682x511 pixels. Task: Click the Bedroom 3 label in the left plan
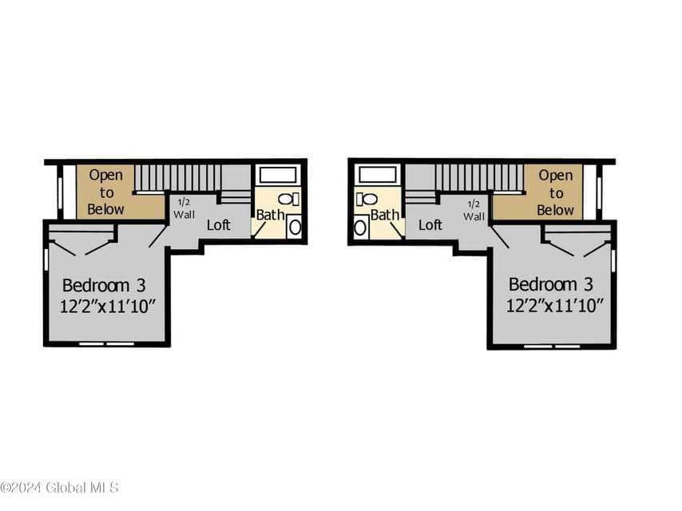(x=104, y=286)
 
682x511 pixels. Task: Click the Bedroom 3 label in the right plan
(x=551, y=284)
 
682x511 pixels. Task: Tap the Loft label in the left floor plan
(x=218, y=225)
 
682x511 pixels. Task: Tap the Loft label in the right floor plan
(x=430, y=225)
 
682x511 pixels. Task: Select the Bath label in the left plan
(x=270, y=215)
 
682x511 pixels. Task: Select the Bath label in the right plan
(x=385, y=215)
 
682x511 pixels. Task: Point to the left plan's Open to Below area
(x=105, y=192)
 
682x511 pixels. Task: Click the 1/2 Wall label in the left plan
(x=184, y=208)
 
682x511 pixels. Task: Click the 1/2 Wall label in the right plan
(x=474, y=210)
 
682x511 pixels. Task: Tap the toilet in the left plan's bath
(x=289, y=200)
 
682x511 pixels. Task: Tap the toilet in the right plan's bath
(x=367, y=200)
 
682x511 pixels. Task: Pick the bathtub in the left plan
(x=278, y=176)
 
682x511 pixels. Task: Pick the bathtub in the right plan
(x=378, y=176)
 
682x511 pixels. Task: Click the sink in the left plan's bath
(x=295, y=227)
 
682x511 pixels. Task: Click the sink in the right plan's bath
(x=361, y=227)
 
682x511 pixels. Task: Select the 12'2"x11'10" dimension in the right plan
(x=554, y=305)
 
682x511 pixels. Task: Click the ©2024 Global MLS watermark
(x=60, y=488)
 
